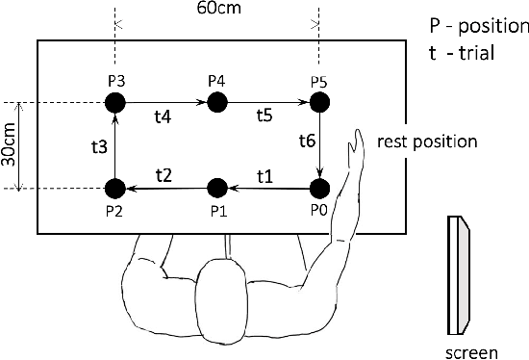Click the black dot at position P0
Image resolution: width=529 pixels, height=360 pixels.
coord(320,188)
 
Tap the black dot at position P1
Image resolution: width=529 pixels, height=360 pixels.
coord(217,188)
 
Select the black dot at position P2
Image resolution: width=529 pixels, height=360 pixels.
coord(114,188)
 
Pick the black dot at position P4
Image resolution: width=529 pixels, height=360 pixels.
coord(217,102)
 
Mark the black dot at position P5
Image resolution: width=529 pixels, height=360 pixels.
coord(320,102)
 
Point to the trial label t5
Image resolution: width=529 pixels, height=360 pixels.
coord(265,116)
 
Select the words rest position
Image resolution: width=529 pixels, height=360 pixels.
coord(427,141)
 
